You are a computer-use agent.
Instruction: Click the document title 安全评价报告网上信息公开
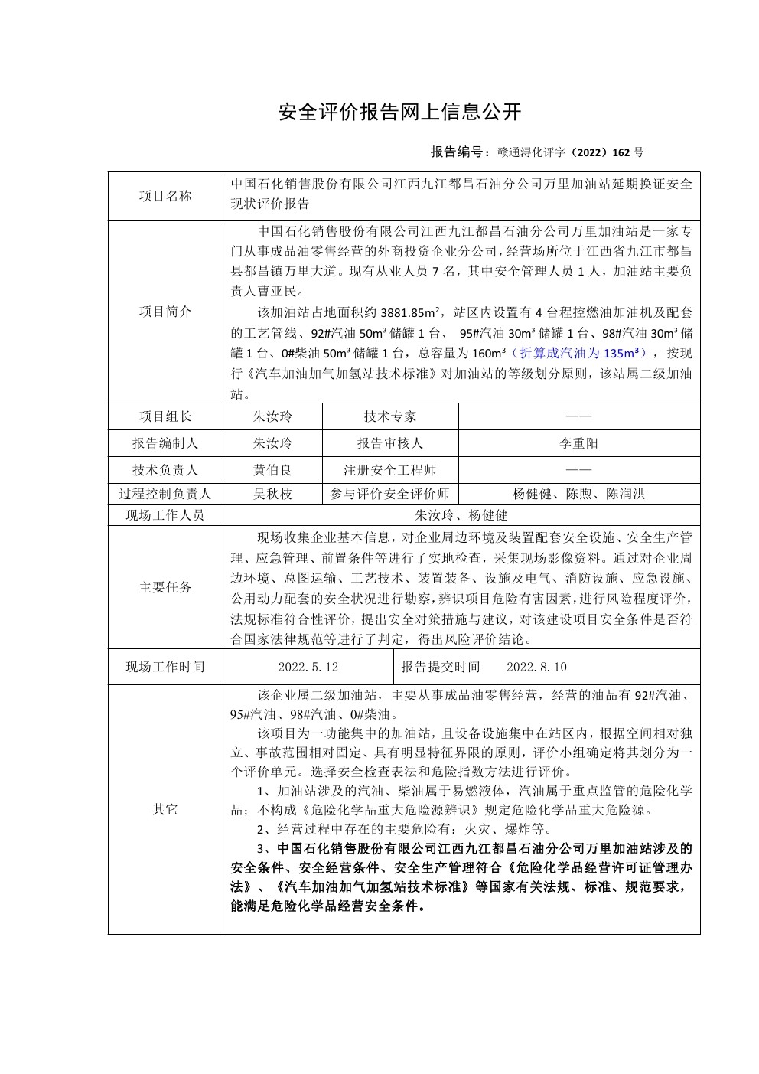click(x=399, y=112)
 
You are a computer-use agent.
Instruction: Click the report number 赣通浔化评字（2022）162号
click(x=569, y=152)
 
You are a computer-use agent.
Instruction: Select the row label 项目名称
click(x=165, y=196)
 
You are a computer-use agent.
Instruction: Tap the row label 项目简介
click(x=165, y=312)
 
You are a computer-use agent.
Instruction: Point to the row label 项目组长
click(x=165, y=416)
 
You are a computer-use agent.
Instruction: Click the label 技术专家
click(x=390, y=416)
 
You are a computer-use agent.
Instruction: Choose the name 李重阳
click(x=579, y=443)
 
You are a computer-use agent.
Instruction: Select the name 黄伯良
click(x=272, y=470)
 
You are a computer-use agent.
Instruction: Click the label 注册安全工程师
click(x=390, y=470)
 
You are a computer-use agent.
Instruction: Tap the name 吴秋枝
click(x=272, y=494)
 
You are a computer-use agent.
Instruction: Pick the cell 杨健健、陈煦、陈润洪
click(x=579, y=494)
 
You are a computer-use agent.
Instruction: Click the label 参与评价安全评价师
click(x=390, y=494)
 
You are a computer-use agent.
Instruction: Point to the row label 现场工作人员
click(x=165, y=515)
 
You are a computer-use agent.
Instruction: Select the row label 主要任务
click(x=165, y=587)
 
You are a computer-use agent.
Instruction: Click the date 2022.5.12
click(x=308, y=667)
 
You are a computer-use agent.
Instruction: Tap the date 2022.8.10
click(x=536, y=667)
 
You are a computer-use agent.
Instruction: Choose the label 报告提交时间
click(x=441, y=667)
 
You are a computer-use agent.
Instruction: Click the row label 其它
click(x=165, y=809)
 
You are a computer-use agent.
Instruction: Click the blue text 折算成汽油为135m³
click(x=578, y=353)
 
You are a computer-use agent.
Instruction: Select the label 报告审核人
click(x=390, y=443)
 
